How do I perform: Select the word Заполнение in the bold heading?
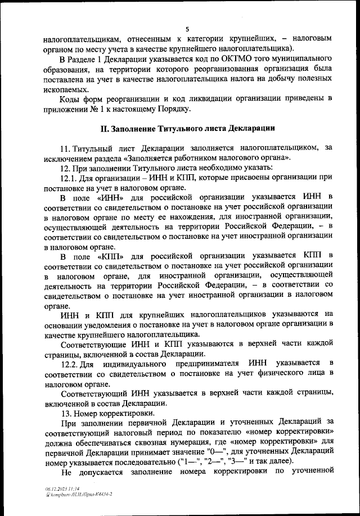(137, 129)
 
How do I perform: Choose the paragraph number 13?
(64, 413)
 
